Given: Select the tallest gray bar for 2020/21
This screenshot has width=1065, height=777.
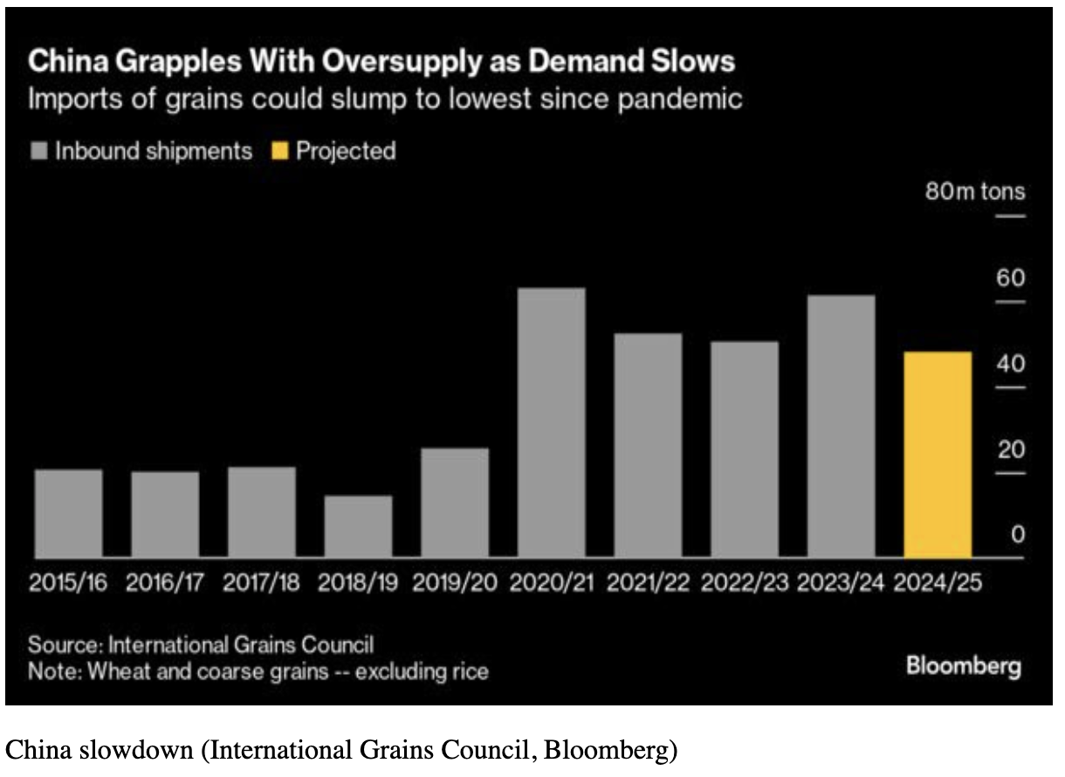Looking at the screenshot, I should click(x=552, y=423).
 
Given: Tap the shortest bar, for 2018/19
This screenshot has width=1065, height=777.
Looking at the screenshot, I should click(x=359, y=526).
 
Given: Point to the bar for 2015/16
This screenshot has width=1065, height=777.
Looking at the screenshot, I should click(x=69, y=513).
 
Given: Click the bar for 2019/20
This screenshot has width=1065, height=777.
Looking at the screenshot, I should click(x=455, y=503).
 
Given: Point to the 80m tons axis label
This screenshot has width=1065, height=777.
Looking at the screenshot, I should click(x=975, y=191).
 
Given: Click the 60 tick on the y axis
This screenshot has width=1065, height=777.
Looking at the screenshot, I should click(x=1011, y=279).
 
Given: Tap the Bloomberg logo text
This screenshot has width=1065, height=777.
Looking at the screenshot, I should click(x=964, y=667).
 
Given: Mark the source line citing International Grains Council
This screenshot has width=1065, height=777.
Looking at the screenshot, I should click(x=201, y=646).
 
